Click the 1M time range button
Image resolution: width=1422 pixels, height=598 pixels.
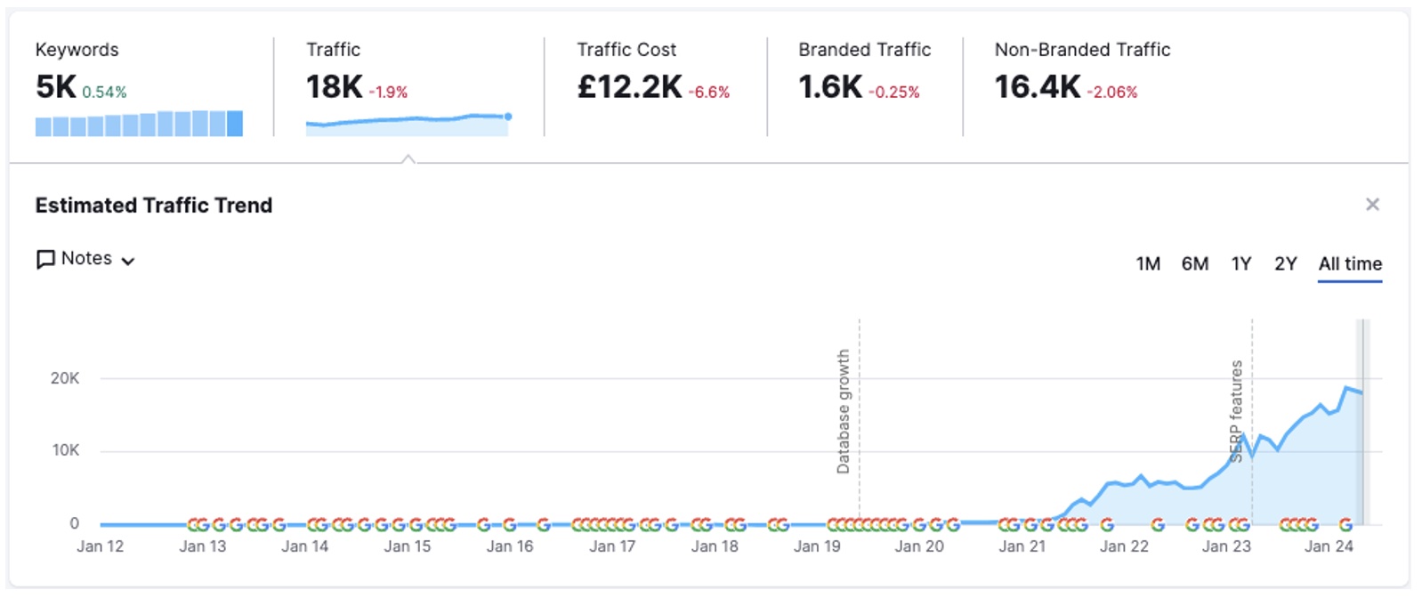click(x=1148, y=264)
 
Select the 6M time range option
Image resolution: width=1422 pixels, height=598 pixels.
click(x=1194, y=264)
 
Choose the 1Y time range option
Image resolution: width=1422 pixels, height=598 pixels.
click(x=1240, y=264)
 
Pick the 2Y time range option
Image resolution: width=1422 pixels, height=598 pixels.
click(x=1285, y=264)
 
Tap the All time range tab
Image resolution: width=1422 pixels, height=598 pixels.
click(x=1349, y=264)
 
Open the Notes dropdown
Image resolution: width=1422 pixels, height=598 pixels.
click(x=85, y=259)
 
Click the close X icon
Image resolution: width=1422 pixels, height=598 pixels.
click(x=1372, y=205)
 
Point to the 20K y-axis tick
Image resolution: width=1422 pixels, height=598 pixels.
click(x=65, y=378)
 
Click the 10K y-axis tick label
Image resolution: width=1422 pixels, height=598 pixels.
click(x=65, y=450)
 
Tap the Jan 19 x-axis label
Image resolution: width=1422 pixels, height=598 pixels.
click(x=817, y=546)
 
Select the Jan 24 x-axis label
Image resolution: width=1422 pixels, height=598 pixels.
click(x=1329, y=546)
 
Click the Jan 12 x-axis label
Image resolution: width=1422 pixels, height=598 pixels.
click(x=100, y=546)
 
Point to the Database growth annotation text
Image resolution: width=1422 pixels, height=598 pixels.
click(x=843, y=411)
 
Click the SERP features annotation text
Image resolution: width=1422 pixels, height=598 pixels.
click(x=1236, y=411)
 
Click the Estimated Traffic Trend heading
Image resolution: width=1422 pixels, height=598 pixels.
click(x=154, y=206)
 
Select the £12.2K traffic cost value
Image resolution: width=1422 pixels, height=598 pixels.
click(x=629, y=87)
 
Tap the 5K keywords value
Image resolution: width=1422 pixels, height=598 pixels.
click(x=56, y=87)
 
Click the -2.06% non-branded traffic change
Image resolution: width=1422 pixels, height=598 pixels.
click(x=1111, y=93)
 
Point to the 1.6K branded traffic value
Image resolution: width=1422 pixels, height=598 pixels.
click(x=829, y=87)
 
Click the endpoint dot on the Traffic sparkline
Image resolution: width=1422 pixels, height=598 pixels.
click(x=508, y=117)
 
